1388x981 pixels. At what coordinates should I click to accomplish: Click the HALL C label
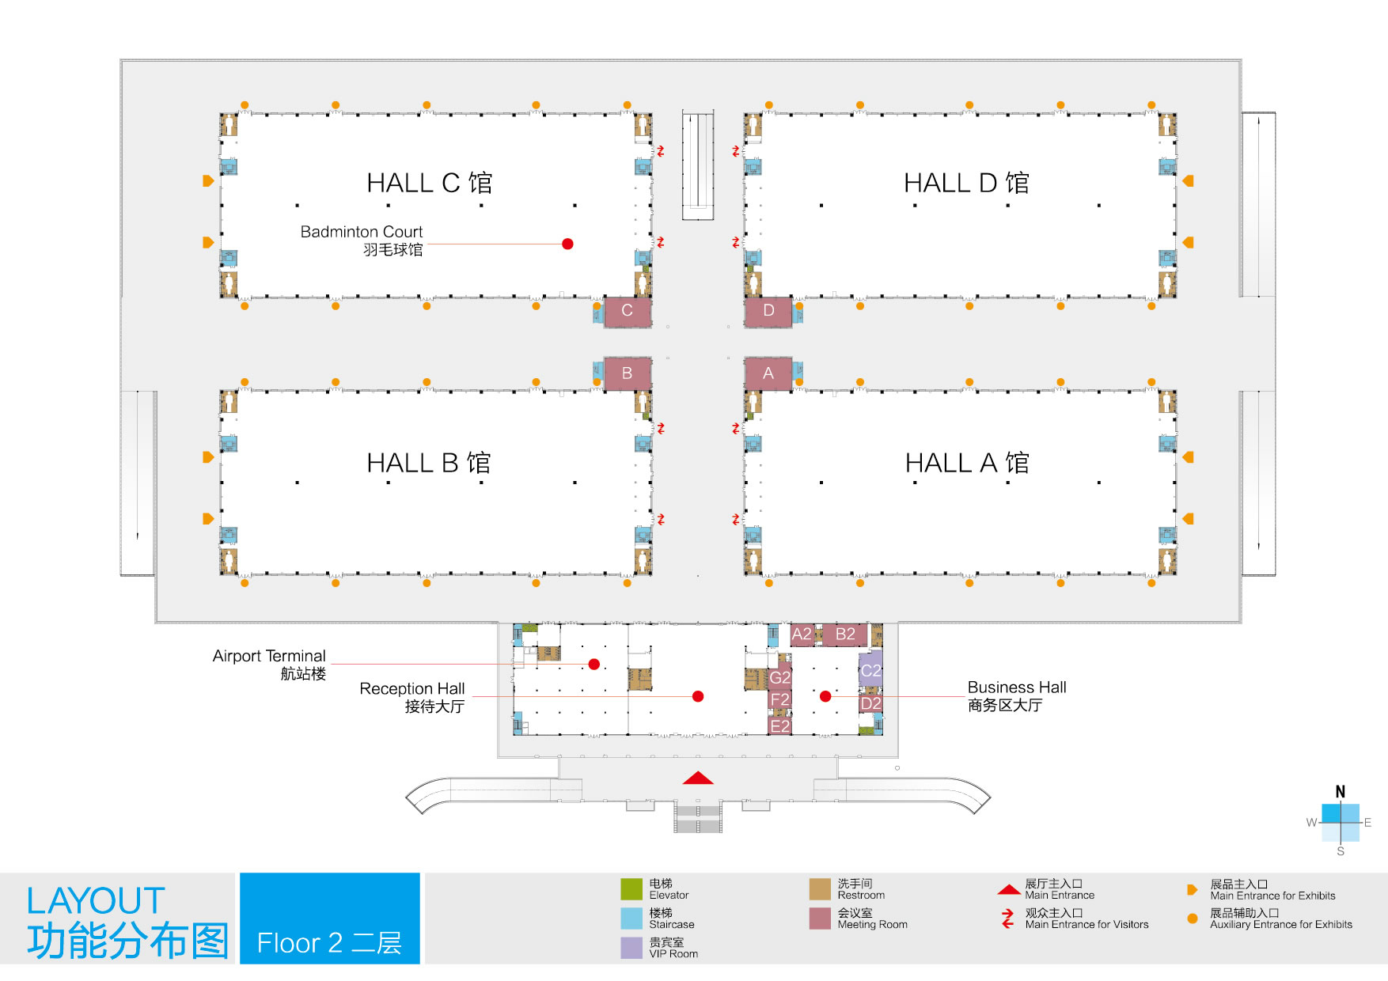coord(429,183)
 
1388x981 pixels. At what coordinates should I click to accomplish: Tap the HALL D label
coord(966,183)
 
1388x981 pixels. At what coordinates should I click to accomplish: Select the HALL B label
coord(429,463)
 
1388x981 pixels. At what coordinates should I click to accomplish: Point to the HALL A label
coord(967,463)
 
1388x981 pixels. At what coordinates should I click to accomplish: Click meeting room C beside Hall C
coord(628,311)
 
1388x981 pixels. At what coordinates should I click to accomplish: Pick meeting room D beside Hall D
coord(768,311)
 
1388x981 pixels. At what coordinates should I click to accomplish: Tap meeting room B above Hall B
coord(628,373)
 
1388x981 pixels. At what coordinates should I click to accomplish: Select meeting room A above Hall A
coord(768,373)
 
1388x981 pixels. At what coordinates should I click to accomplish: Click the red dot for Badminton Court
coord(567,244)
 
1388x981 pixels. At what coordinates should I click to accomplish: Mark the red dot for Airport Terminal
coord(594,665)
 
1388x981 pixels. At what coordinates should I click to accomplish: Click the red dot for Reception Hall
coord(698,696)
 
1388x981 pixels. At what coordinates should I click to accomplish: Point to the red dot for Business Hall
coord(825,696)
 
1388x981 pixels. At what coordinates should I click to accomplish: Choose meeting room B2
coord(845,634)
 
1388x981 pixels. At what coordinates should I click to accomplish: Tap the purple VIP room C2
coord(870,669)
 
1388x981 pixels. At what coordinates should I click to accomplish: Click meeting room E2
coord(780,725)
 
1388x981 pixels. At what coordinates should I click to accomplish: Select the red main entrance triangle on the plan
coord(698,778)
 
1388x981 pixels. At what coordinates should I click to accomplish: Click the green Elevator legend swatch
coord(631,889)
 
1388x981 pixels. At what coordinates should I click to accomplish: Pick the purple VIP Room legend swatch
coord(631,948)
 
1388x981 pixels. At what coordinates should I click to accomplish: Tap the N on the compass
coord(1341,792)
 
